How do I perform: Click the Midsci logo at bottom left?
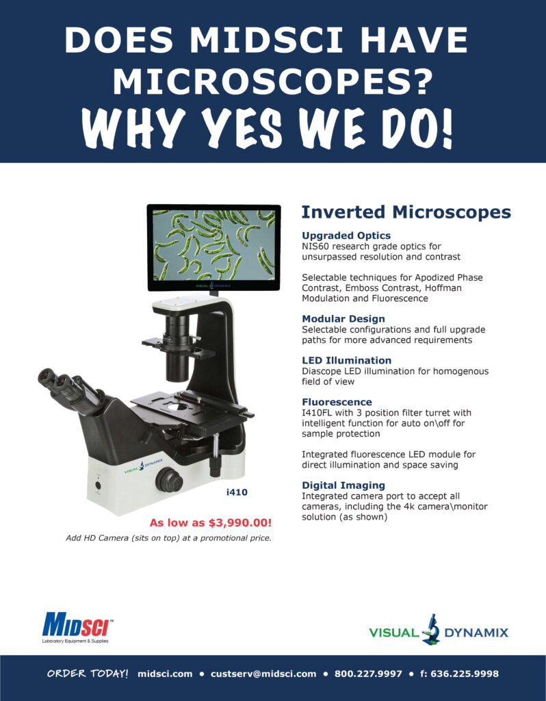pyautogui.click(x=75, y=626)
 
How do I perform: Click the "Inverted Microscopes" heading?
pyautogui.click(x=406, y=212)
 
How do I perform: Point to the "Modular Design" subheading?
pyautogui.click(x=343, y=318)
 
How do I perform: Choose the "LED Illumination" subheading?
pyautogui.click(x=346, y=360)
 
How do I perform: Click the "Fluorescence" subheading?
pyautogui.click(x=337, y=402)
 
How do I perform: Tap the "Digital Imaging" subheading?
pyautogui.click(x=343, y=485)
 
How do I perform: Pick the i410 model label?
pyautogui.click(x=237, y=492)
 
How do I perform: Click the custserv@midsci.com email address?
pyautogui.click(x=263, y=674)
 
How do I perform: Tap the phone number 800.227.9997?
pyautogui.click(x=368, y=674)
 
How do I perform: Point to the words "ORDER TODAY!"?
pyautogui.click(x=88, y=674)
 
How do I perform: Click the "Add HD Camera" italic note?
pyautogui.click(x=168, y=537)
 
